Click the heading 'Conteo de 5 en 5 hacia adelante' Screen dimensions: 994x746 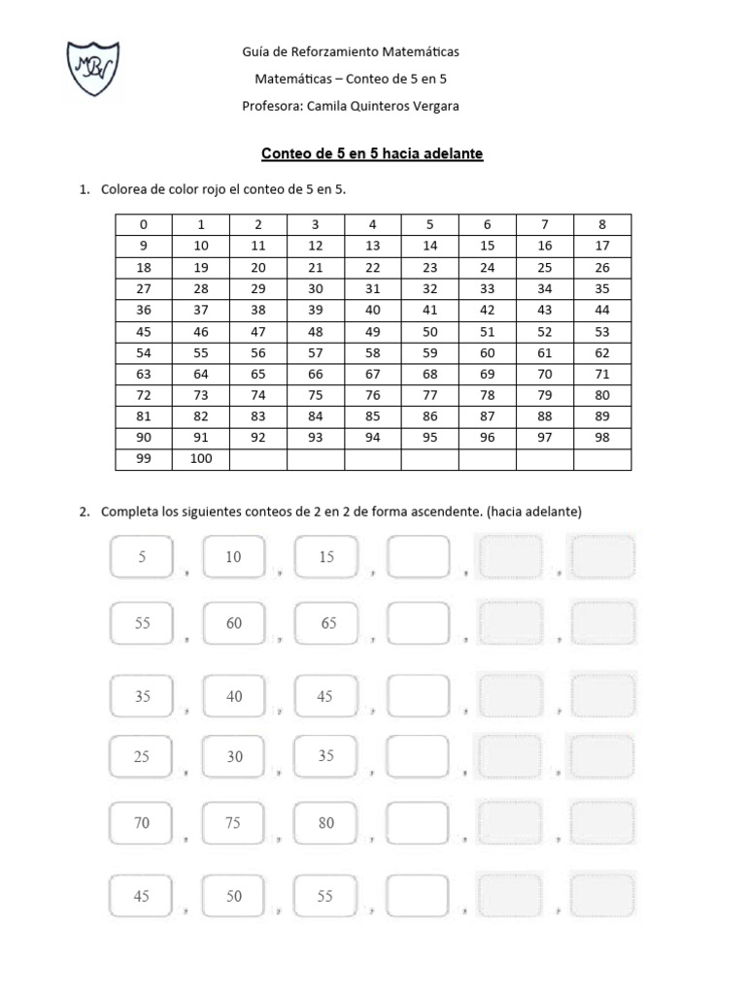373,153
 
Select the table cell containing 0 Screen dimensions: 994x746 144,224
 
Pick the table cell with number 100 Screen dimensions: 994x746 201,458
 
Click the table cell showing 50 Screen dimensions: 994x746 430,331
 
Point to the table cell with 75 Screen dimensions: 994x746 316,395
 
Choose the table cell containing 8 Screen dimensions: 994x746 602,224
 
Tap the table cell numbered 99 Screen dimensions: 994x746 144,458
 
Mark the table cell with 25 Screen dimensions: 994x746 545,267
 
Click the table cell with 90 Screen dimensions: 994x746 144,438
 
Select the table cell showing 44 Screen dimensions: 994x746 602,310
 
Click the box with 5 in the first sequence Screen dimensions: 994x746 142,558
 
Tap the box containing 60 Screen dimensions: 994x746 234,623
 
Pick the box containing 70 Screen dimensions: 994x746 142,823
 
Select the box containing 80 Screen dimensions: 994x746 325,823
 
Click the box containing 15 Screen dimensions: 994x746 325,558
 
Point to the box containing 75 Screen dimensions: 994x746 234,823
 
